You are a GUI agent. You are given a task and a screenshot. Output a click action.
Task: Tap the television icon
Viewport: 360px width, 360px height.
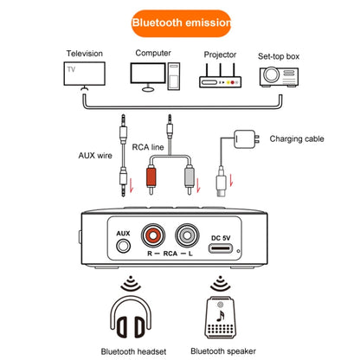pyautogui.click(x=84, y=75)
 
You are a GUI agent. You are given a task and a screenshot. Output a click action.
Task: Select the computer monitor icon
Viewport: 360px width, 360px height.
pyautogui.click(x=152, y=75)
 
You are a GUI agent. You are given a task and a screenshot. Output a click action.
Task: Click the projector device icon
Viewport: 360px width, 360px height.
pyautogui.click(x=219, y=77)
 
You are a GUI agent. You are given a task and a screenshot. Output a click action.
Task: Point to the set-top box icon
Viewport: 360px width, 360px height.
pyautogui.click(x=280, y=77)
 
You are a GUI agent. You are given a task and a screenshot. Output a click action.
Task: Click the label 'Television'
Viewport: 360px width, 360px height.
pyautogui.click(x=85, y=54)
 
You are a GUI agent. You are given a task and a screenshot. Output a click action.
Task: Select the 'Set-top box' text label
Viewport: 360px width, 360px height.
pyautogui.click(x=279, y=57)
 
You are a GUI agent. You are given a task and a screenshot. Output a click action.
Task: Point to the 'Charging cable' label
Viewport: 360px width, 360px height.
pyautogui.click(x=297, y=138)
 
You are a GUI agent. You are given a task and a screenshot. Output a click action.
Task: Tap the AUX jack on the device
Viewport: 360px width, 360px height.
pyautogui.click(x=123, y=247)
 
